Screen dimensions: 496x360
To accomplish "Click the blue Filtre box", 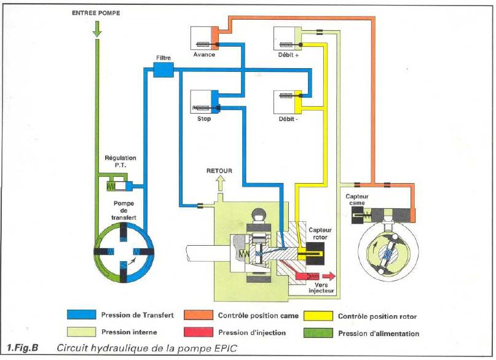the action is click(x=163, y=69).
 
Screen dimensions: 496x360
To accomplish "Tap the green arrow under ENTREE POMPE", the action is click(x=97, y=29).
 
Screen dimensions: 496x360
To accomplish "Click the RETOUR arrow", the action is click(x=220, y=183).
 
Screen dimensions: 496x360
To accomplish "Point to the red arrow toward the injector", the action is click(x=329, y=276).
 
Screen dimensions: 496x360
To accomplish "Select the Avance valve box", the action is click(x=205, y=38).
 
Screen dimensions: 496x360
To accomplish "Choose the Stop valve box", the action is click(x=205, y=102).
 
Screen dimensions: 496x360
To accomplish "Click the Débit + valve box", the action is click(x=288, y=38).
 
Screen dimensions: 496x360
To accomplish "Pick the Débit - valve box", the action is click(x=288, y=102).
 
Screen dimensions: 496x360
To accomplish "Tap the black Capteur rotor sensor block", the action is click(x=315, y=254).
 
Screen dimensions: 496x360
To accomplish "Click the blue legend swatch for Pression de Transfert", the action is click(x=81, y=315).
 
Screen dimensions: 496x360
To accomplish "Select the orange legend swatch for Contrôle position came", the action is click(x=199, y=315).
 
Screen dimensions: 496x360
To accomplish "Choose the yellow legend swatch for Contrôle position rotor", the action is click(x=318, y=316).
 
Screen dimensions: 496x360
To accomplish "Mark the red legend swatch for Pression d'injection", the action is click(x=199, y=332).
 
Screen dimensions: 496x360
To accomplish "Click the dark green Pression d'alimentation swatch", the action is click(x=318, y=333).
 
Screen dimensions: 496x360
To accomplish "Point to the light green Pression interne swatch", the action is click(x=81, y=332).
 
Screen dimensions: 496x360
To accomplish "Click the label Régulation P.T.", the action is click(x=120, y=161).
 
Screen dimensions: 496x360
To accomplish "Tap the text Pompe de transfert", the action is click(x=124, y=211).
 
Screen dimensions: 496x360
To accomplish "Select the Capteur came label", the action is click(x=357, y=200).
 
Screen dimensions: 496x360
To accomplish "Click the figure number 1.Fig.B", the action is click(x=23, y=348).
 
